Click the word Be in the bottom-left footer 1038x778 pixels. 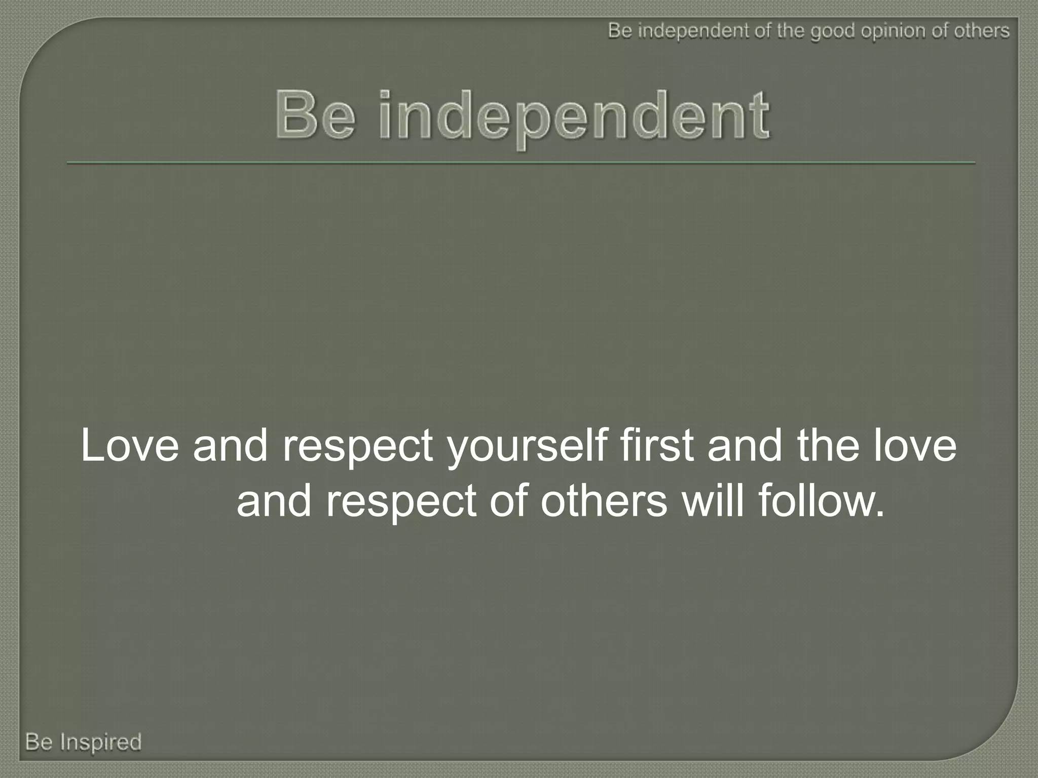[x=39, y=742]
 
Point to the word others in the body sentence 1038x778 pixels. [x=604, y=501]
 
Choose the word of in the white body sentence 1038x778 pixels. [x=508, y=501]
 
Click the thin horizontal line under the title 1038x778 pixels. [x=521, y=163]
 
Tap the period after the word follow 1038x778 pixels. [x=879, y=514]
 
